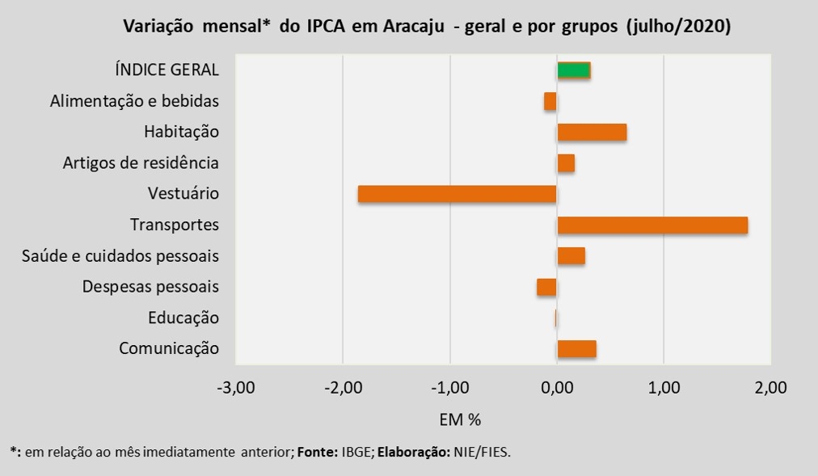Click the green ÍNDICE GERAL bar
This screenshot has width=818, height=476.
(x=574, y=70)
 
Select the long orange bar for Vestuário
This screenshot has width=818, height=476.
(x=457, y=194)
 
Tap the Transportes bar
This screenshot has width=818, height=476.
(x=652, y=225)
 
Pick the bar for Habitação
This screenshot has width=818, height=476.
(x=592, y=133)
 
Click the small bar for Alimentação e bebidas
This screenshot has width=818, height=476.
(x=550, y=102)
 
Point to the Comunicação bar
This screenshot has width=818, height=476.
(x=576, y=349)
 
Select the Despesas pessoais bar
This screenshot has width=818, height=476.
(x=546, y=287)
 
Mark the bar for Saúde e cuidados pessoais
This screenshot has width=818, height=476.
(x=571, y=256)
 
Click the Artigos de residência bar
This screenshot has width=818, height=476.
(x=566, y=163)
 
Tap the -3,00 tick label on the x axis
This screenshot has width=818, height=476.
(x=236, y=388)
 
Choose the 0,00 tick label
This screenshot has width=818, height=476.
(x=556, y=388)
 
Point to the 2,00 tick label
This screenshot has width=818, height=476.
(x=770, y=388)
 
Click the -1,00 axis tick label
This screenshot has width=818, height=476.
(x=449, y=388)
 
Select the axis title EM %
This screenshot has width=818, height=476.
(x=461, y=420)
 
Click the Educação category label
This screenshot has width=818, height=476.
(x=183, y=318)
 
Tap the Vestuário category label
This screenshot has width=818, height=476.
(x=183, y=194)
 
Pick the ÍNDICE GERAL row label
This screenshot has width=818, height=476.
(x=167, y=70)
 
